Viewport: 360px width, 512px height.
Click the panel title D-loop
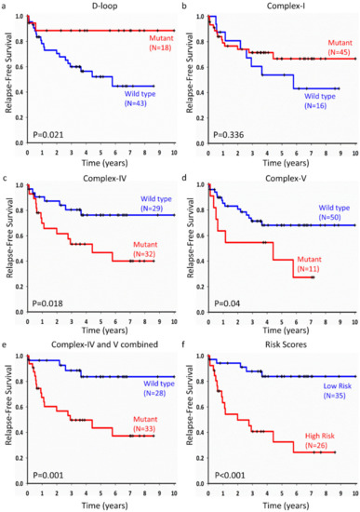coord(104,6)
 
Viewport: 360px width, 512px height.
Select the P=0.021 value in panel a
coord(48,134)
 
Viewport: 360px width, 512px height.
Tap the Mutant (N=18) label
coord(161,43)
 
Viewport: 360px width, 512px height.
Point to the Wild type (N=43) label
coord(140,99)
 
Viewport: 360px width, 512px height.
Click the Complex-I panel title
coord(286,6)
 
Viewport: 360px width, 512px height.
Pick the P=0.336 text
coord(229,135)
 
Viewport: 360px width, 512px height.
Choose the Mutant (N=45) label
coord(340,47)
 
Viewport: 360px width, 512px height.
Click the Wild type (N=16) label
coord(320,101)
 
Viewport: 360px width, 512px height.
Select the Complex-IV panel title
coord(104,179)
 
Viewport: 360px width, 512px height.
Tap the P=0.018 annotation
coord(47,303)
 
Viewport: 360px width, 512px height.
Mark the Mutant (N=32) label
coord(145,249)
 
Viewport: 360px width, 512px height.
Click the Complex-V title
coord(286,179)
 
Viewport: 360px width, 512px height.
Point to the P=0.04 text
coord(227,303)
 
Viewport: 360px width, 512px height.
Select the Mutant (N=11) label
coord(309,263)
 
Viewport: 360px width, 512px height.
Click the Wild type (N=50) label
coord(334,212)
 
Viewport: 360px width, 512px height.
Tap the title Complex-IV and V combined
coord(104,344)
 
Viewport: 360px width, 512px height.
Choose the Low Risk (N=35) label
coord(337,391)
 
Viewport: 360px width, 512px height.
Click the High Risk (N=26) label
coord(320,440)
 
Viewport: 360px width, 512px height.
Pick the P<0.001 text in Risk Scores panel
coord(230,475)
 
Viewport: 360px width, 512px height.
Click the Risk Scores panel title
coord(286,344)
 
